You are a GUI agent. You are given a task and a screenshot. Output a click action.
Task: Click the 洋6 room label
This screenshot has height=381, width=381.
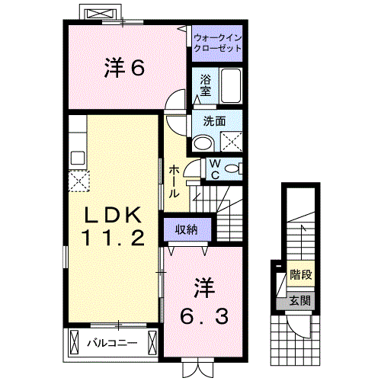coord(124,68)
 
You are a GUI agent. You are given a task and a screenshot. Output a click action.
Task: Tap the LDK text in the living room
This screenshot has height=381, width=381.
coord(113,215)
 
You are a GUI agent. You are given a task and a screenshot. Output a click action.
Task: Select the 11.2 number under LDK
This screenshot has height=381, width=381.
coord(114,237)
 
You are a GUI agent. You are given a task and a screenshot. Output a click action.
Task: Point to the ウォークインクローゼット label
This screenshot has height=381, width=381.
coord(217,43)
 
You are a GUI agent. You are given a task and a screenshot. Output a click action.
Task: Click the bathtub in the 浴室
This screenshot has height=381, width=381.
coord(231,85)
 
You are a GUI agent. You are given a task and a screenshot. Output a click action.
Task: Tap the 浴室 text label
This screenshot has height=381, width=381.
coord(205,85)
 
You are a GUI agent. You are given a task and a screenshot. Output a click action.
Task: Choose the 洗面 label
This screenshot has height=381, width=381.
coord(214,121)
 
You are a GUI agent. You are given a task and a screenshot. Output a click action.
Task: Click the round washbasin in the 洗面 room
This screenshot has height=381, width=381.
coord(203,143)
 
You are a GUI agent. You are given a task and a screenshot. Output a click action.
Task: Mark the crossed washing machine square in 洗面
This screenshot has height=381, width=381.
coord(231,142)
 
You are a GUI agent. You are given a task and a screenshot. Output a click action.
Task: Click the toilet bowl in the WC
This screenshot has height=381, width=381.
coord(232,168)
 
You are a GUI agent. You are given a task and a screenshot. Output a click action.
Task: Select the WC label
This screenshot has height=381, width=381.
coord(215,169)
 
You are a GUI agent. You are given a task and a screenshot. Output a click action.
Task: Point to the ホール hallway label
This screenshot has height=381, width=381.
coord(174,181)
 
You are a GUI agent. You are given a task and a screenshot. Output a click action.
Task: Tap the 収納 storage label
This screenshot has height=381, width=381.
coord(187,229)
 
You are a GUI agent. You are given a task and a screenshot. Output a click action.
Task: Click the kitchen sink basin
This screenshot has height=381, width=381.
coord(78,158)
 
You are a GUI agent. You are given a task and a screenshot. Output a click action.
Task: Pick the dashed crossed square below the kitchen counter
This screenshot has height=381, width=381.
coord(78,181)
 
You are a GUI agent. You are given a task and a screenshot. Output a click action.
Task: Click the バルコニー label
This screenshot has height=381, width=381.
coord(112,343)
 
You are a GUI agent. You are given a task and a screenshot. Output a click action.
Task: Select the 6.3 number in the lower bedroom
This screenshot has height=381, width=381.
coord(204,317)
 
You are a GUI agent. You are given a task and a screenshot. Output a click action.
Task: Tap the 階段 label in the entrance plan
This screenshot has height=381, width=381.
coord(301,274)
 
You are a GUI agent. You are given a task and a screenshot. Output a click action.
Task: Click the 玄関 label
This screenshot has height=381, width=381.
coord(300,301)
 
